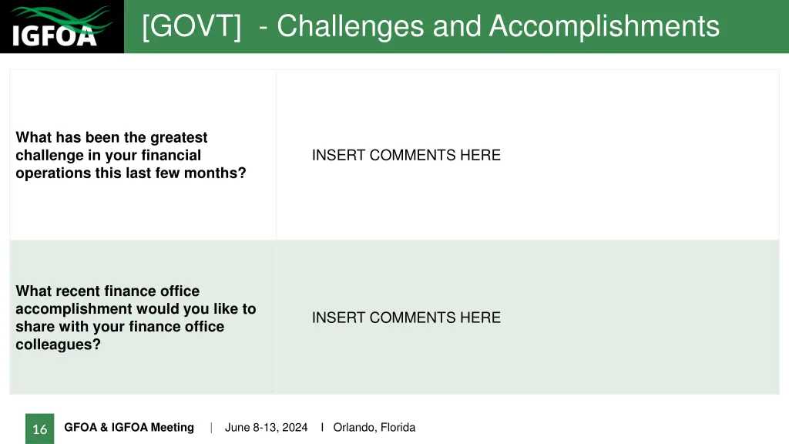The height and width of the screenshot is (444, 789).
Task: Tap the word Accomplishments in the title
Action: [x=604, y=26]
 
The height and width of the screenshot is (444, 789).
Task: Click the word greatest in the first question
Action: [x=179, y=137]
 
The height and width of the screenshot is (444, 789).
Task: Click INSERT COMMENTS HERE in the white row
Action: [x=406, y=155]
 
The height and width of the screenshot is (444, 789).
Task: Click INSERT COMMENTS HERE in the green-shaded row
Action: [x=406, y=318]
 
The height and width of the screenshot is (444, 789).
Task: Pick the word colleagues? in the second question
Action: [x=58, y=345]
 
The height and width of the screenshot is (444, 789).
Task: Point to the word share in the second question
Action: [x=35, y=327]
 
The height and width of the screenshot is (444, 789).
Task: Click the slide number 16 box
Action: [x=40, y=429]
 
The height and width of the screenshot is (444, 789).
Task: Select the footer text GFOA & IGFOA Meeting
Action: [x=129, y=428]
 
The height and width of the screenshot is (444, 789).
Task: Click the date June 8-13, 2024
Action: [x=266, y=428]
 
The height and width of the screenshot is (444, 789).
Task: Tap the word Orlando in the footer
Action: [x=354, y=428]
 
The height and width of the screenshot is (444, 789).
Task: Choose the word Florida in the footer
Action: [x=398, y=428]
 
